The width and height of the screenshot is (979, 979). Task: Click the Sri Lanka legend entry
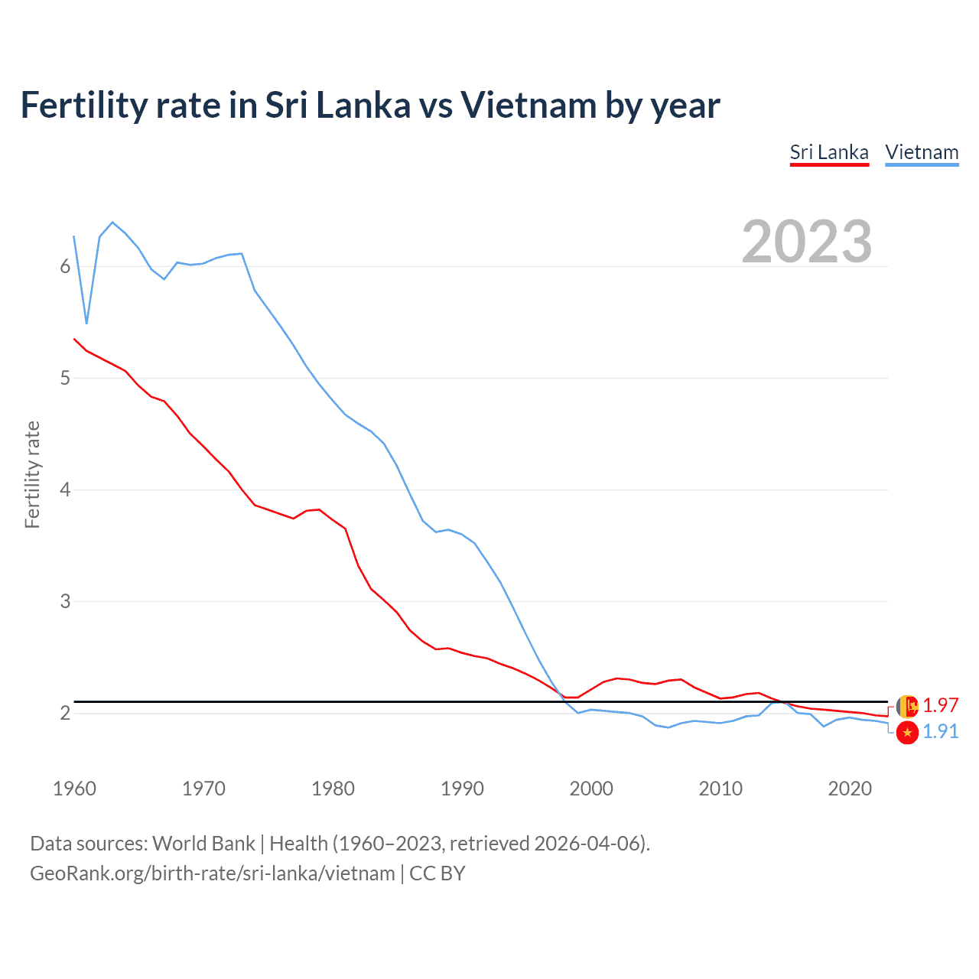pyautogui.click(x=829, y=152)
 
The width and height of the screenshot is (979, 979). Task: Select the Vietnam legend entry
pyautogui.click(x=922, y=152)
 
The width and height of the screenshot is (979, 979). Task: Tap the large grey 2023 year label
pyautogui.click(x=807, y=242)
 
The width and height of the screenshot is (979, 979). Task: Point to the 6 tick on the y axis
pyautogui.click(x=65, y=266)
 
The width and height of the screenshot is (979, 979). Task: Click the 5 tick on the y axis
pyautogui.click(x=65, y=378)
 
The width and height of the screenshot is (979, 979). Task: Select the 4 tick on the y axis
pyautogui.click(x=65, y=489)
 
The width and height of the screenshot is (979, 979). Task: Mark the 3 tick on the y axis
pyautogui.click(x=65, y=601)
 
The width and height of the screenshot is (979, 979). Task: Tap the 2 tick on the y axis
pyautogui.click(x=65, y=713)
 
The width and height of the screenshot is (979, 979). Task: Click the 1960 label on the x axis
pyautogui.click(x=74, y=789)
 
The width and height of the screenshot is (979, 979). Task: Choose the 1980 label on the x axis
pyautogui.click(x=333, y=789)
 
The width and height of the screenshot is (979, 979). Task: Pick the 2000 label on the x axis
pyautogui.click(x=591, y=789)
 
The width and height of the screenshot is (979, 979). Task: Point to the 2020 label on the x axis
pyautogui.click(x=850, y=789)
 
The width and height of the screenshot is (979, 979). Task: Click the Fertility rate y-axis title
pyautogui.click(x=32, y=474)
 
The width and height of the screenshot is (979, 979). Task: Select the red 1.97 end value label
pyautogui.click(x=940, y=705)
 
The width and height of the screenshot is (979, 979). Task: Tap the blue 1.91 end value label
pyautogui.click(x=940, y=732)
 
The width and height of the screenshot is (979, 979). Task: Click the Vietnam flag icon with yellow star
pyautogui.click(x=907, y=733)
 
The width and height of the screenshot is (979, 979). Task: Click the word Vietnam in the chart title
pyautogui.click(x=528, y=106)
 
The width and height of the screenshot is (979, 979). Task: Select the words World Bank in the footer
pyautogui.click(x=203, y=844)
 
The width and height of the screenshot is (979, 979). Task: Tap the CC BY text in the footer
pyautogui.click(x=437, y=873)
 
